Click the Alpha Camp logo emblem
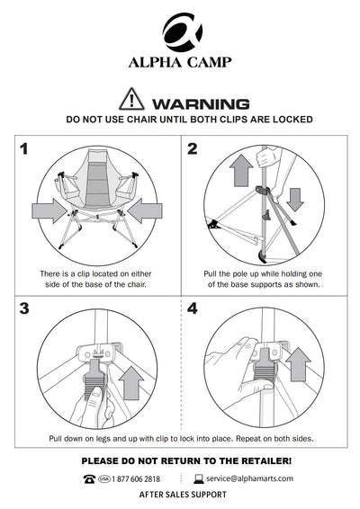click(183, 32)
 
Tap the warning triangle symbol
click(131, 99)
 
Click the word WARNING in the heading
click(201, 104)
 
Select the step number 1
click(24, 149)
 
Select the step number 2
click(193, 149)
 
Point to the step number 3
click(24, 308)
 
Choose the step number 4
click(193, 308)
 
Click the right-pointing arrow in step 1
click(49, 211)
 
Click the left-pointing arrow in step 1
click(145, 211)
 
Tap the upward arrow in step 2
click(241, 170)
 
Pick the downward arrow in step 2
click(295, 200)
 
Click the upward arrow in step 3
click(131, 383)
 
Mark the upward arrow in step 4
click(298, 364)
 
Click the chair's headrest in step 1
click(97, 156)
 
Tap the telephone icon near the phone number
click(89, 479)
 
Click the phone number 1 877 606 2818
click(136, 479)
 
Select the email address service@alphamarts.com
click(249, 478)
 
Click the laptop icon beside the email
click(199, 479)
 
